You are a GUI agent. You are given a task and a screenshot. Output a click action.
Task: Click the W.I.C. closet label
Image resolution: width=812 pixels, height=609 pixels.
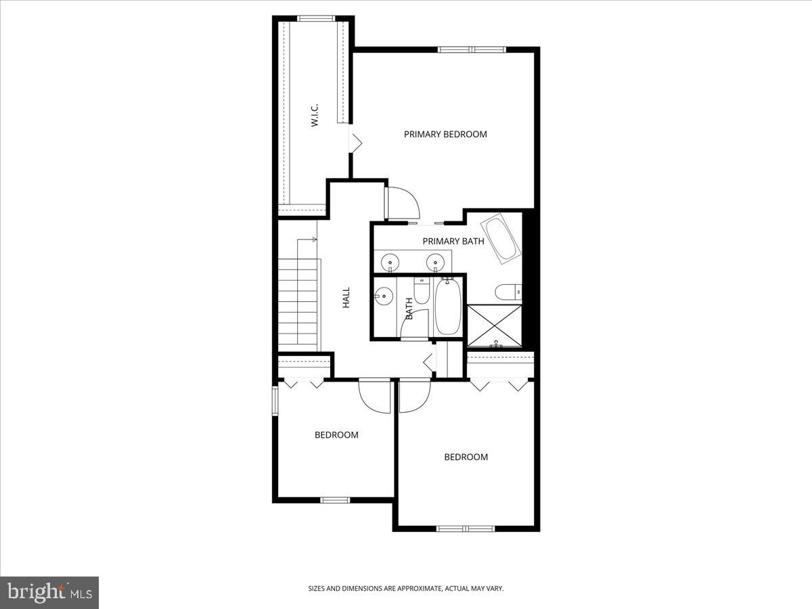(x=315, y=115)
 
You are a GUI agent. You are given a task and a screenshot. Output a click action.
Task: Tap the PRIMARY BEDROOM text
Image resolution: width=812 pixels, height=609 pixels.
(x=445, y=134)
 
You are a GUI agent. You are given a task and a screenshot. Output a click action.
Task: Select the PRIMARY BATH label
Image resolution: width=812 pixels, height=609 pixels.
(x=453, y=241)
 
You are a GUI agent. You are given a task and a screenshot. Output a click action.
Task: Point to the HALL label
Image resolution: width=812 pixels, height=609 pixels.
(x=346, y=298)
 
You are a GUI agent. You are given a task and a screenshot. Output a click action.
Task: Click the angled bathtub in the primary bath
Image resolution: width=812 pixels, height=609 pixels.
(x=501, y=238)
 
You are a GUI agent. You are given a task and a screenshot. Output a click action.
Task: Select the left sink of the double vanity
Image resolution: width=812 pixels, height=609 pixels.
(x=390, y=261)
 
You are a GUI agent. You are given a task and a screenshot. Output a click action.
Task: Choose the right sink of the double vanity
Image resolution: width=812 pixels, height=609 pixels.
(x=435, y=261)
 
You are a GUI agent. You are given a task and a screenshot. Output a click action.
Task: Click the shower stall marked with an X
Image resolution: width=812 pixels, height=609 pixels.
(x=495, y=326)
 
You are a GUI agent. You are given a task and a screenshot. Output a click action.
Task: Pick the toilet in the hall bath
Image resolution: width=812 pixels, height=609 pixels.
(x=421, y=291)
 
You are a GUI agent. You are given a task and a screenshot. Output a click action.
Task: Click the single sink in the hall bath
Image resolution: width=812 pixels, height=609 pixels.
(x=384, y=296)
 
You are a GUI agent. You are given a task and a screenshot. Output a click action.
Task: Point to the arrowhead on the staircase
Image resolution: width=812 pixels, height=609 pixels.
(x=315, y=240)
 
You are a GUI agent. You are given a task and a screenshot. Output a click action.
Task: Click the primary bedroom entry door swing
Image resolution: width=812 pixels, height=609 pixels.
(x=403, y=200)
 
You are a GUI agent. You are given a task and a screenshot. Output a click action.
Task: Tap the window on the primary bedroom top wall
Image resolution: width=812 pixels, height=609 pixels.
(x=472, y=49)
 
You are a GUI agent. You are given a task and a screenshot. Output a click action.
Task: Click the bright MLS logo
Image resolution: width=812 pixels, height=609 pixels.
(x=49, y=593)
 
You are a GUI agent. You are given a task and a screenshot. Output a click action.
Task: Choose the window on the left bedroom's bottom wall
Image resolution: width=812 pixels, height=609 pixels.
(x=335, y=500)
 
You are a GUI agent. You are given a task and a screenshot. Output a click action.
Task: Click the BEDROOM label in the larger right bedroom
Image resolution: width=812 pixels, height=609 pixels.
(x=466, y=457)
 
